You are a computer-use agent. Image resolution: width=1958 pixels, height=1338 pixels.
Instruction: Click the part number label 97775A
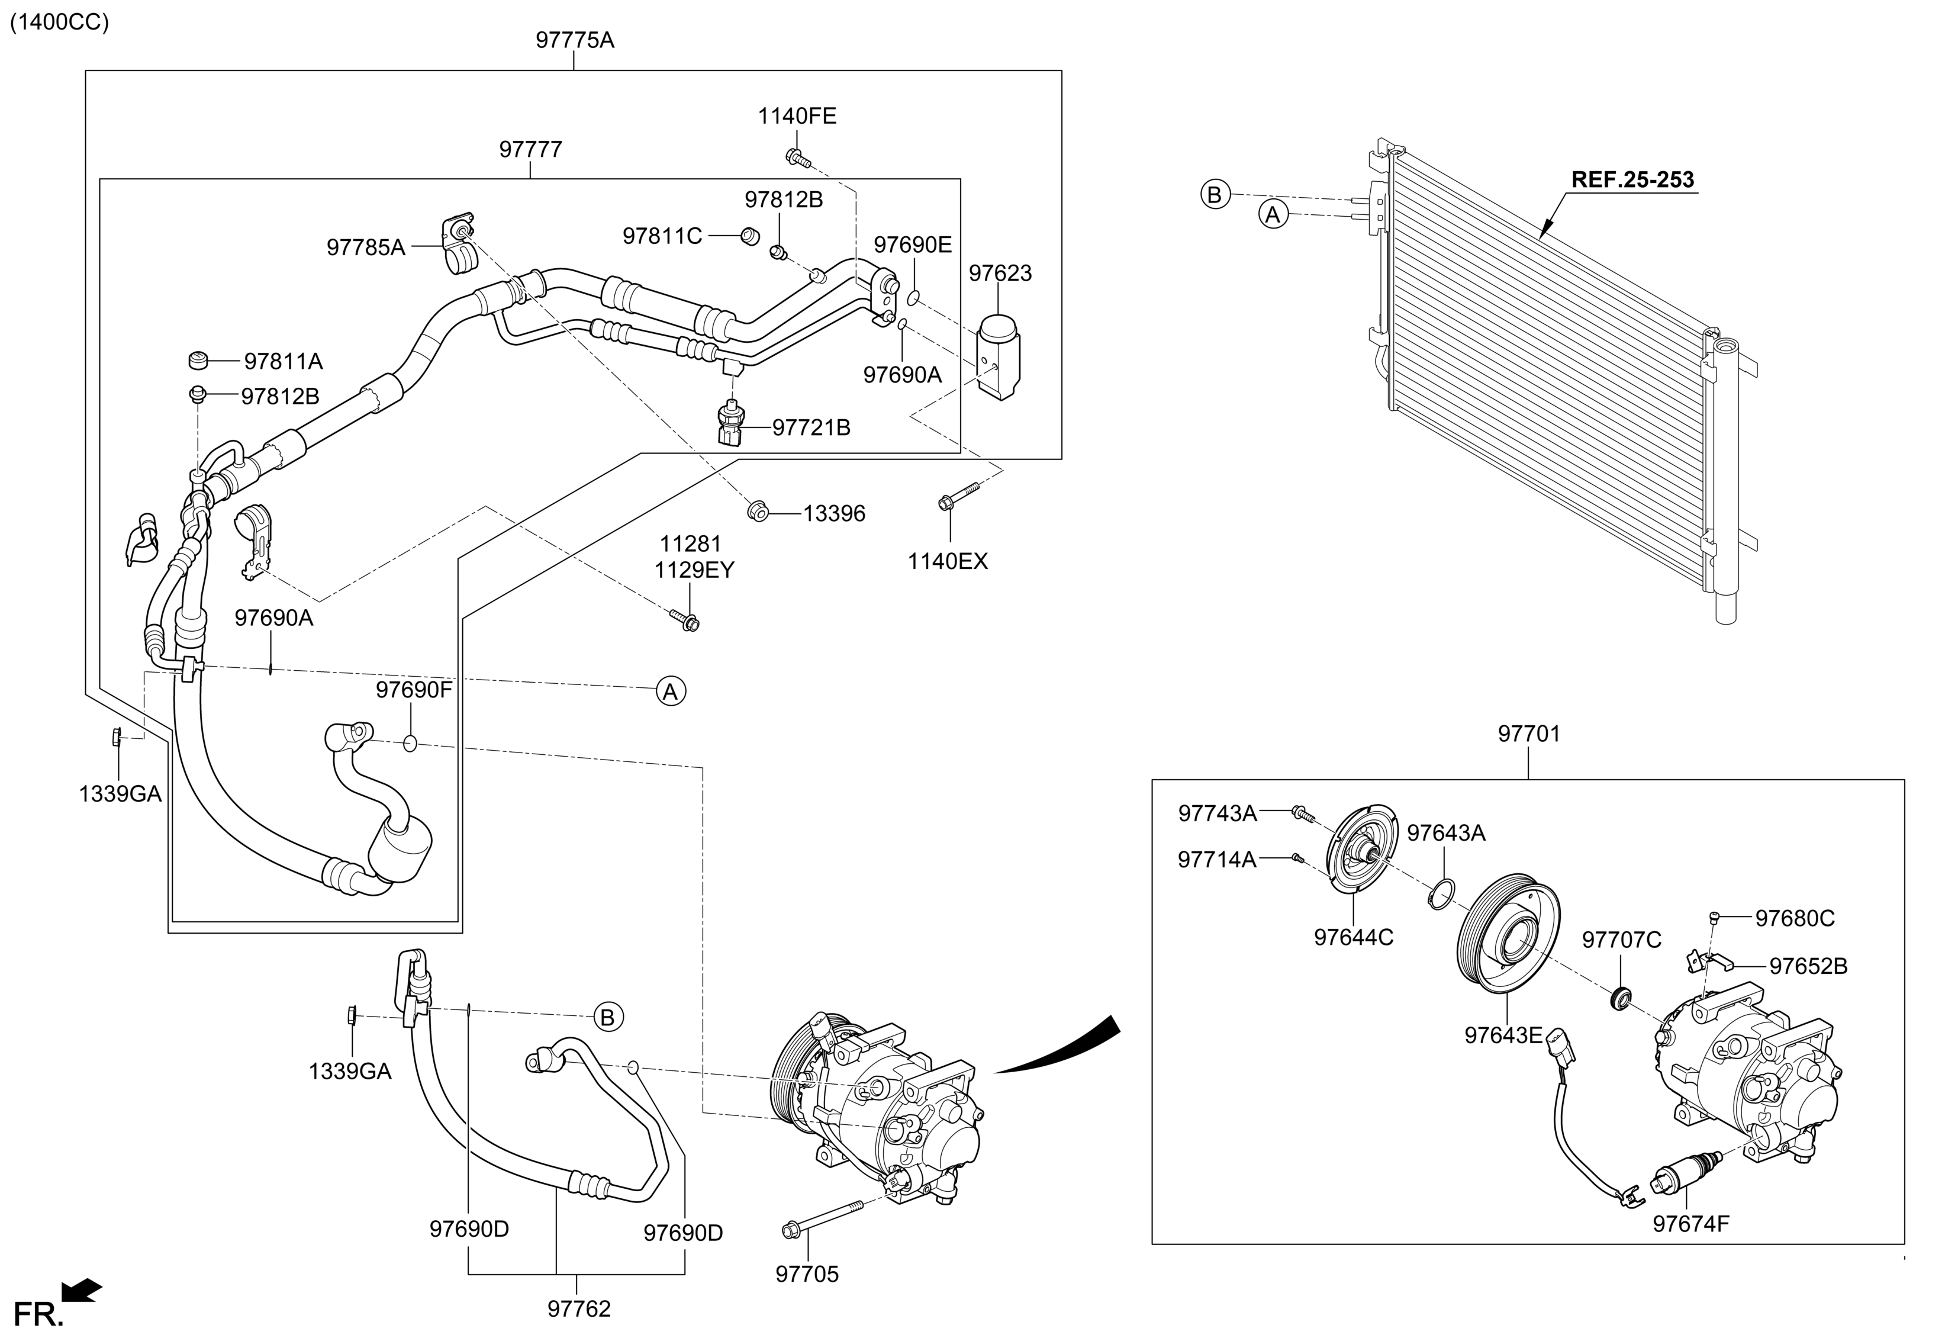(x=575, y=40)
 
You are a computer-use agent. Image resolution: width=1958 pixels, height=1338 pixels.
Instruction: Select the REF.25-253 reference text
(x=1632, y=179)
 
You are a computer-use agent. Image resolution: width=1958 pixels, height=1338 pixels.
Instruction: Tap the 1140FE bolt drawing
(x=796, y=157)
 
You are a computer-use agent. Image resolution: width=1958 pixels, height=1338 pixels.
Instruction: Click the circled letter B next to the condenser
(x=1214, y=195)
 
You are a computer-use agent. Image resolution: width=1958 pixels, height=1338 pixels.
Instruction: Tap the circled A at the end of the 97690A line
(x=671, y=691)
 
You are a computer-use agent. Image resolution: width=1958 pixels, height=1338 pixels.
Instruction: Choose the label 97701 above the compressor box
(x=1528, y=734)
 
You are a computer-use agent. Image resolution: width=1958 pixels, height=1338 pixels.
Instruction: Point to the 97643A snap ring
(x=1441, y=894)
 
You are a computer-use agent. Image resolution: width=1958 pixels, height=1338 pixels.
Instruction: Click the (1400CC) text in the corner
(x=59, y=22)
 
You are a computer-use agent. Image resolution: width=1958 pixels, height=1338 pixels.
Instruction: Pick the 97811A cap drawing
(x=198, y=361)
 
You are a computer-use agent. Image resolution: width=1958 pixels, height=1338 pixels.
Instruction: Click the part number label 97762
(x=578, y=1308)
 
